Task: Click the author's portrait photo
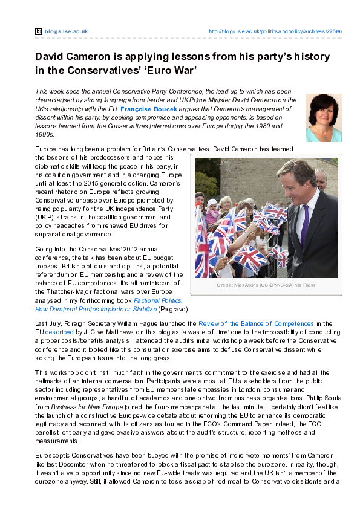[324, 118]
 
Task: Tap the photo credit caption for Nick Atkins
[266, 285]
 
